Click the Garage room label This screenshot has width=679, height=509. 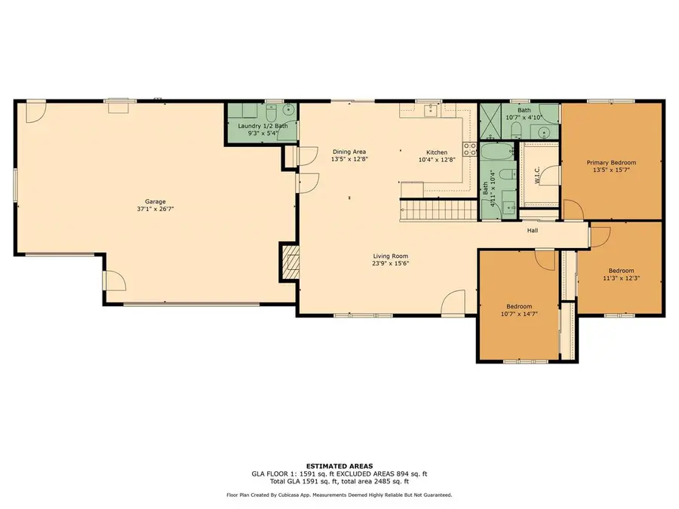click(151, 201)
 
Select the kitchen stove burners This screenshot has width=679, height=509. click(469, 148)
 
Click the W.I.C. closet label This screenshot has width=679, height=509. click(537, 175)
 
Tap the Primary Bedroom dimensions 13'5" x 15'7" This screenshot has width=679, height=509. click(612, 170)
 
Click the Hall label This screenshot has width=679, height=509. click(532, 231)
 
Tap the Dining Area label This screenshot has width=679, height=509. click(349, 152)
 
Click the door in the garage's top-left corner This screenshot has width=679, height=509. click(35, 112)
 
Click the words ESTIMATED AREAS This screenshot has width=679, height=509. click(339, 465)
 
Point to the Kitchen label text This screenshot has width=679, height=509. click(437, 152)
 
